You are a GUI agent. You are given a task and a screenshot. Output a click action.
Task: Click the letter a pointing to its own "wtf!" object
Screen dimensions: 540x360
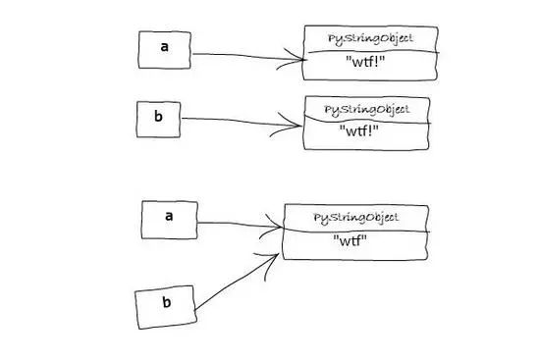(165, 47)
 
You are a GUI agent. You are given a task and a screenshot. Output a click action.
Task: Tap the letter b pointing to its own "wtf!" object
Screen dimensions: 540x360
(158, 116)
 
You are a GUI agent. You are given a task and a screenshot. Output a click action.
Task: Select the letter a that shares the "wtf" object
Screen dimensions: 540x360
(169, 216)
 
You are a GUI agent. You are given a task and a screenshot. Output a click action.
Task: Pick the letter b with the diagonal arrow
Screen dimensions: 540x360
(167, 302)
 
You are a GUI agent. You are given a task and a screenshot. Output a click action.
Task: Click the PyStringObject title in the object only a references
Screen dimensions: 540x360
(370, 38)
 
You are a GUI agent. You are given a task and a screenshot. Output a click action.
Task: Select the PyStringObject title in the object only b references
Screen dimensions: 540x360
(367, 110)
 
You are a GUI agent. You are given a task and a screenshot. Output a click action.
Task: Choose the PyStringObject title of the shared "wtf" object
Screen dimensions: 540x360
(355, 218)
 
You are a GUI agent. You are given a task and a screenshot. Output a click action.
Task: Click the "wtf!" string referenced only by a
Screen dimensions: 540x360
(365, 63)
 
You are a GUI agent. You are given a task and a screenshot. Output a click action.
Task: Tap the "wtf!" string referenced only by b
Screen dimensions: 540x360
(358, 130)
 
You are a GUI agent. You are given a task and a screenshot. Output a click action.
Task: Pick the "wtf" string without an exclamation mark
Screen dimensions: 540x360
(350, 240)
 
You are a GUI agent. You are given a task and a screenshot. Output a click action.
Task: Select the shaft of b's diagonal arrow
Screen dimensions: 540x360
(237, 283)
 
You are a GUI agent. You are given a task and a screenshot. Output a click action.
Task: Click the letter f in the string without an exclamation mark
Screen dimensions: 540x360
(357, 240)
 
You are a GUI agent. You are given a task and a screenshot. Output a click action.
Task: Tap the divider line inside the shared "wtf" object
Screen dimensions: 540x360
(355, 231)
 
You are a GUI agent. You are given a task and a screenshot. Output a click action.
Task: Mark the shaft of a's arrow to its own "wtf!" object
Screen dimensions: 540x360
(248, 56)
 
